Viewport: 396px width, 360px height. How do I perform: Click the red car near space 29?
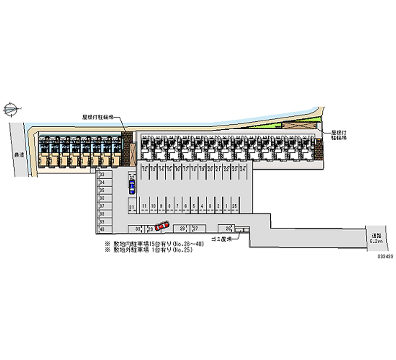click(161, 226)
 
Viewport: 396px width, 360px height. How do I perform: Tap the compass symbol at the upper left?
click(11, 107)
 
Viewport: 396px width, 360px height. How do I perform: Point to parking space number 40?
click(101, 229)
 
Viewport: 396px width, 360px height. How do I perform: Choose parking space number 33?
click(101, 175)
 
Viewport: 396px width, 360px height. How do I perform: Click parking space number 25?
click(234, 205)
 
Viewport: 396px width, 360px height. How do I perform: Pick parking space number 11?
click(144, 205)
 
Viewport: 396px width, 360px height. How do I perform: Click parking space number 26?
click(228, 228)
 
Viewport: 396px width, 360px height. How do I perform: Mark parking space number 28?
click(183, 228)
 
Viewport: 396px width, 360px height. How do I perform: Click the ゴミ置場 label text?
click(220, 239)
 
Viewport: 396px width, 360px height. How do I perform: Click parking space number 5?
click(195, 205)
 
